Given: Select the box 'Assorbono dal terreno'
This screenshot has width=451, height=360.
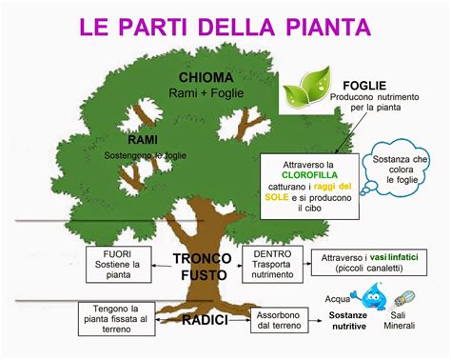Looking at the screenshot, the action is coord(279,319).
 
